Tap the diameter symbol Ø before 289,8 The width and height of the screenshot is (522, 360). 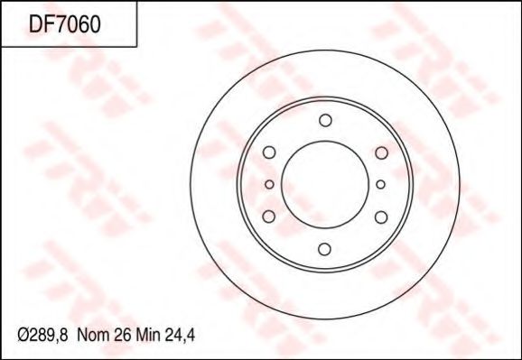point(25,335)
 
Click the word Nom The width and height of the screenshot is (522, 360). point(93,335)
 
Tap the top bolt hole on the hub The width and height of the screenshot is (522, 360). point(325,121)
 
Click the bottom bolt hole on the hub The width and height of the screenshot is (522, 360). point(325,249)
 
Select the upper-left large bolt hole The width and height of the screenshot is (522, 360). point(269,153)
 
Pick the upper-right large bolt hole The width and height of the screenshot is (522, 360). point(380,153)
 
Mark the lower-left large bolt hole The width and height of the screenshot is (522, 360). point(269,217)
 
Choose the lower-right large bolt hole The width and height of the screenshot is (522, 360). point(380,217)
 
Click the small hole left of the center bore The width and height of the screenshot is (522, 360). point(268,185)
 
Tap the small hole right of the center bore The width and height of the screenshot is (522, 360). point(381,185)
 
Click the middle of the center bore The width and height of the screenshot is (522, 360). point(325,185)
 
